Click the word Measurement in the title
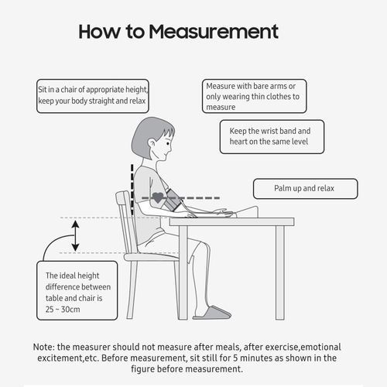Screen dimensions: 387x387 [214, 32]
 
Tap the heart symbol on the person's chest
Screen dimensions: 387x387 [157, 197]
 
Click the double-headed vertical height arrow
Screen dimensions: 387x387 [75, 235]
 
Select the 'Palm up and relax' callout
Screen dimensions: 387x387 [306, 189]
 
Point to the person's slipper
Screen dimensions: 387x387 [212, 313]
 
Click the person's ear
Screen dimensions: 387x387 [152, 144]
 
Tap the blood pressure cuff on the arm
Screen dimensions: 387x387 [173, 199]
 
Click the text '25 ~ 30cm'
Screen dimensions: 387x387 [63, 310]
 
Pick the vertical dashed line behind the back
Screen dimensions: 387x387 [132, 190]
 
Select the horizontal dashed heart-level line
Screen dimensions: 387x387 [180, 198]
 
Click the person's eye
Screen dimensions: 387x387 [168, 143]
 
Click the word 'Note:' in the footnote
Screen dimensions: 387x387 [44, 347]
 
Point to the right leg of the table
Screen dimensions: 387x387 [280, 272]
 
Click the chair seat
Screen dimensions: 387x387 [151, 257]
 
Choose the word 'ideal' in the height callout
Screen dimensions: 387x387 [67, 276]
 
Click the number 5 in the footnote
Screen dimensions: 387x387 [235, 358]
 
